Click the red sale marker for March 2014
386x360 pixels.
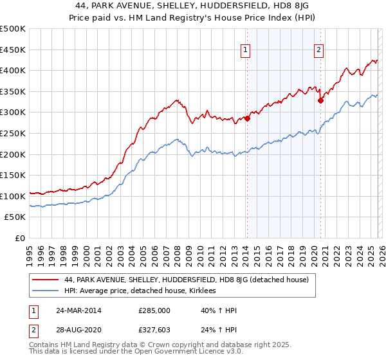click(x=247, y=119)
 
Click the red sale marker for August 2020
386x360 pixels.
click(x=320, y=100)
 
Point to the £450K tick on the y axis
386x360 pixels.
click(x=13, y=50)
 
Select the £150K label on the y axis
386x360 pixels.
click(x=13, y=175)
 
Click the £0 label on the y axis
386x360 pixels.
click(x=20, y=239)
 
